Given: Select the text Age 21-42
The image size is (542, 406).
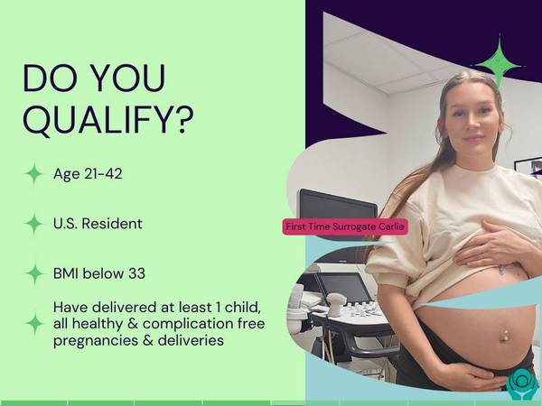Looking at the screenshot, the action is click(88, 173).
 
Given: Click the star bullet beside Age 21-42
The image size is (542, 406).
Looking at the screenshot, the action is click(34, 173).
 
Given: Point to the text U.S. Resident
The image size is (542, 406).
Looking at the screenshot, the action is click(98, 224).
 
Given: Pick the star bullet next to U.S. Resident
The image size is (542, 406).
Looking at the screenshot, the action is click(34, 224).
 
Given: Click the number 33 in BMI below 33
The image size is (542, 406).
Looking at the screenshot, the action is click(137, 273).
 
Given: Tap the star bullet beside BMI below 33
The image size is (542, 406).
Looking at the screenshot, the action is click(34, 273).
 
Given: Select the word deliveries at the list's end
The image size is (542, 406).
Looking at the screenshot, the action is click(191, 340).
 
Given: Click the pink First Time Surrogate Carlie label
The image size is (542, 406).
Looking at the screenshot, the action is click(345, 226).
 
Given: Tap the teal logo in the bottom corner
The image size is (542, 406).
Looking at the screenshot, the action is click(522, 384).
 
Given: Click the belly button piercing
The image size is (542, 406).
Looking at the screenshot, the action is click(503, 335).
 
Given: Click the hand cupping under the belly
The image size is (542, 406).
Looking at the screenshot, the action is click(467, 374).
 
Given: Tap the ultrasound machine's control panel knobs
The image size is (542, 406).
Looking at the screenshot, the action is click(360, 309).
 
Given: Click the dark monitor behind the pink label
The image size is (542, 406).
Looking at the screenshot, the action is click(337, 207).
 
